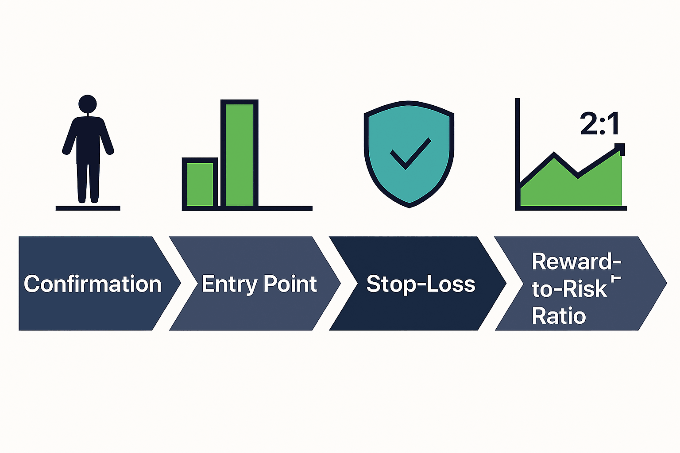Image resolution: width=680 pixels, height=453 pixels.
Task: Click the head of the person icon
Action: click(x=88, y=104)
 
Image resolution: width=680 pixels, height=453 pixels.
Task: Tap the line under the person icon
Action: click(x=88, y=208)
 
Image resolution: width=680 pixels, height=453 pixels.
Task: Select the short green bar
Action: click(x=200, y=184)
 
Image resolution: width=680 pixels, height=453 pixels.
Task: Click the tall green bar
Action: click(x=239, y=155)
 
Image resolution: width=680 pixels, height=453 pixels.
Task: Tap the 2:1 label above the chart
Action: click(x=599, y=124)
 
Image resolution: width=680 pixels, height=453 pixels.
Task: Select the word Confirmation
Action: click(x=93, y=284)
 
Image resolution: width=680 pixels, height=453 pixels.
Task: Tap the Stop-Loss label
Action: click(x=421, y=284)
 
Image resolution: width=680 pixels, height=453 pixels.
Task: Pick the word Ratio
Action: click(x=559, y=316)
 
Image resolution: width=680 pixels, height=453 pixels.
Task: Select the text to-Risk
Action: click(x=569, y=289)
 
